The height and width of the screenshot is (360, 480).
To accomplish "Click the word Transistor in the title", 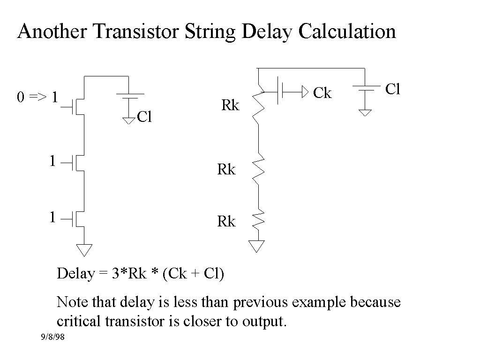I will pos(136,31).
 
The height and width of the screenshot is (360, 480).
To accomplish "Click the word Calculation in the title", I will pos(347,31).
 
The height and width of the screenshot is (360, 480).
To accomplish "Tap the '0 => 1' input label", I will pos(38,97).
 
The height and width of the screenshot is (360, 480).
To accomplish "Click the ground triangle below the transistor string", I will pos(84,250).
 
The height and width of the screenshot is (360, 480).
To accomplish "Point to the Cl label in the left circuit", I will pos(144,117).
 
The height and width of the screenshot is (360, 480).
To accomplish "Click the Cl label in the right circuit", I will pos(392,89).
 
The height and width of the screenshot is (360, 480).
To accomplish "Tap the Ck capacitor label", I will pos(322,93).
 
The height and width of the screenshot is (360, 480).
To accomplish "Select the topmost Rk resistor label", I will pos(230,106).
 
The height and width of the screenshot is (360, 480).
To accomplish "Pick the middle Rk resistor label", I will pos(226,170).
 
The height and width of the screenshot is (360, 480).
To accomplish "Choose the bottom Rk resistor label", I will pos(226,221).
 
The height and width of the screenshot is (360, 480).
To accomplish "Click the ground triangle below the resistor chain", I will pos(257,246).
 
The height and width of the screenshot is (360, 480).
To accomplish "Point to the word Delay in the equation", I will pos(75,273).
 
